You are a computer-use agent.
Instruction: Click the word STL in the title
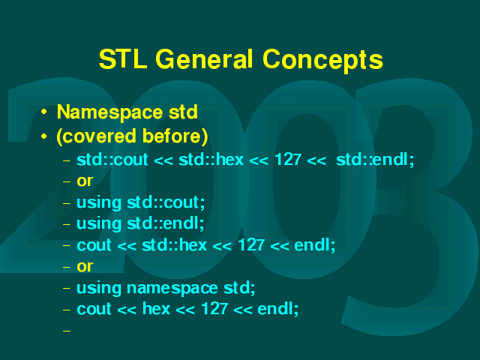tap(123, 59)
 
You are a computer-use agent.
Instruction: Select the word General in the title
tap(205, 59)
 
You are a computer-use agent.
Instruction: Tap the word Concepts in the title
tap(322, 61)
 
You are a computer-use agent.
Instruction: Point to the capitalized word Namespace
tap(109, 112)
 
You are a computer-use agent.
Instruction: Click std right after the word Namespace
tap(183, 112)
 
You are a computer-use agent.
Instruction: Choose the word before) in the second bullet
tap(175, 136)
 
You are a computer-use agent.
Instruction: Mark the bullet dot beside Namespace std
tap(44, 112)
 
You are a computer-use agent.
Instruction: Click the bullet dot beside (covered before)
tap(44, 136)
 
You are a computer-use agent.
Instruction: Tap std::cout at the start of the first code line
tap(112, 160)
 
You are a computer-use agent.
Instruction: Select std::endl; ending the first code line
tap(375, 160)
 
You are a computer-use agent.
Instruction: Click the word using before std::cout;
tap(99, 203)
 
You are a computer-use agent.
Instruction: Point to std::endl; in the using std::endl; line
tap(165, 223)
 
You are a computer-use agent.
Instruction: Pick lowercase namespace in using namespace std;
tap(172, 289)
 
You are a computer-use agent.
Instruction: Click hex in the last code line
tap(156, 309)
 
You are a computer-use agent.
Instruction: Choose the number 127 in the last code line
tap(214, 309)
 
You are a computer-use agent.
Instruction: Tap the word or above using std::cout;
tap(85, 181)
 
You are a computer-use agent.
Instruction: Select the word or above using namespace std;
tap(85, 267)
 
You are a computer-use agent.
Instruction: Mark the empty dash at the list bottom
tap(67, 331)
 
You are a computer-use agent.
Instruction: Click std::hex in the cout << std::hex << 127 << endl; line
tap(175, 245)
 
